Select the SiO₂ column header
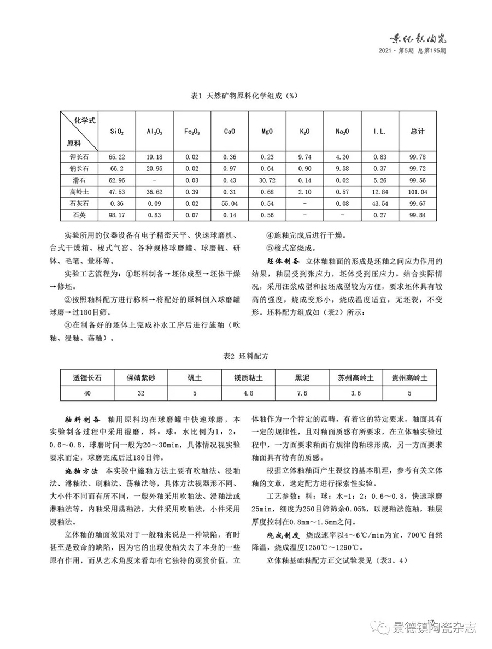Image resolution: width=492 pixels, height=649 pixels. (x=117, y=132)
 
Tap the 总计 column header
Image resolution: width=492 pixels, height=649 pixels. (x=418, y=132)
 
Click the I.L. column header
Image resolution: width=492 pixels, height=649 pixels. (x=380, y=132)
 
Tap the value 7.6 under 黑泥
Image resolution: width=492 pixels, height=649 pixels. (x=302, y=392)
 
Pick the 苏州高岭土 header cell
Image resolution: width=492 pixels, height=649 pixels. (x=355, y=377)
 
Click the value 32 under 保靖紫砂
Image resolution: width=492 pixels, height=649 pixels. (x=141, y=392)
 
